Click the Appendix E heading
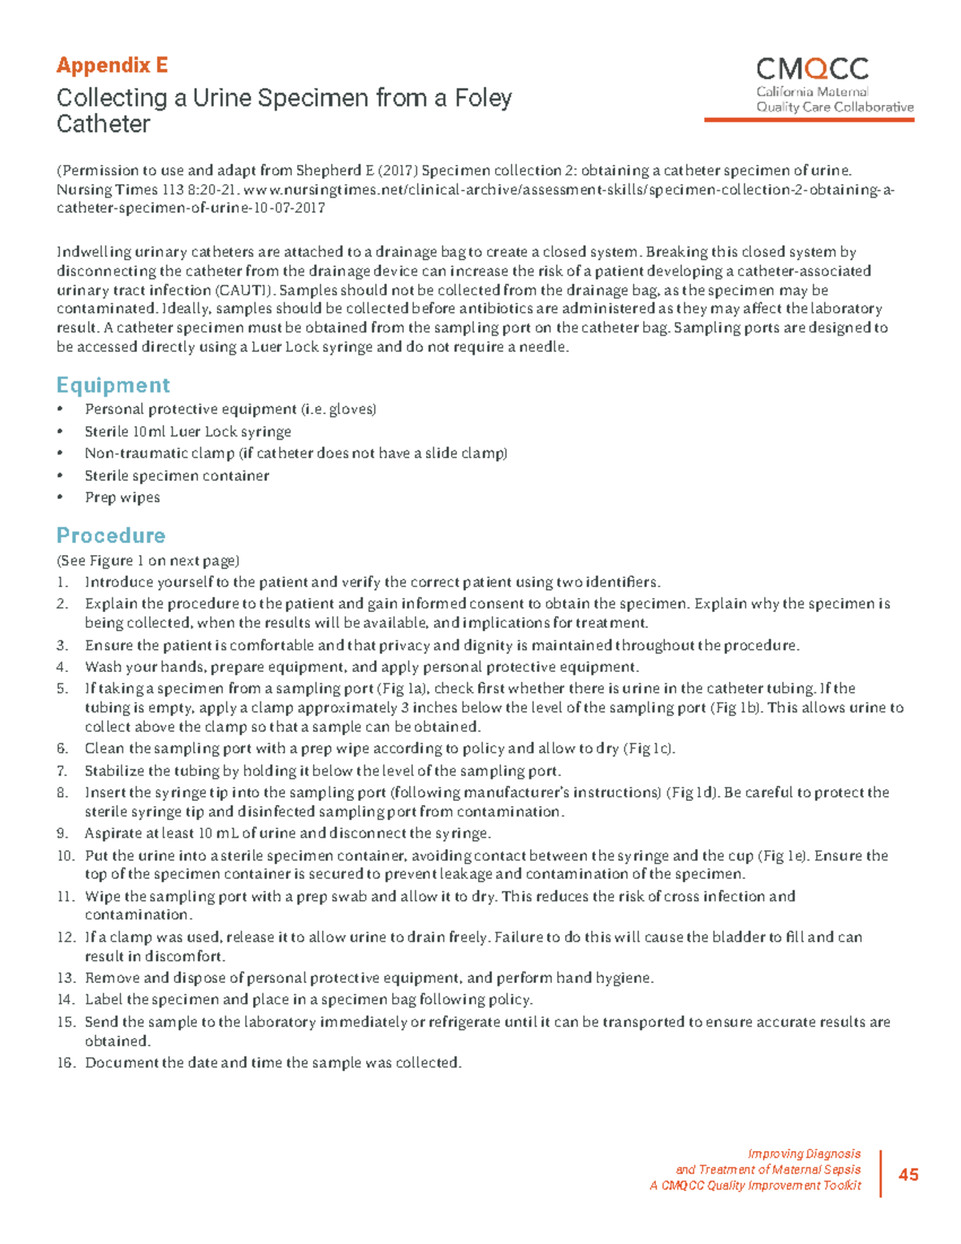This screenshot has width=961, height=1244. [x=111, y=65]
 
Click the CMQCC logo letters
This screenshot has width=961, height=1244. [x=812, y=69]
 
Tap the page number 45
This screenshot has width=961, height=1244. [x=908, y=1174]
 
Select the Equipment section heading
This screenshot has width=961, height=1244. [x=113, y=385]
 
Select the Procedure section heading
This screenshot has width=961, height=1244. [x=111, y=535]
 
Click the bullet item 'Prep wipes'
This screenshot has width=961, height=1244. [x=123, y=497]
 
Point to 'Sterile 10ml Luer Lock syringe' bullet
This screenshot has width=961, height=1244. [x=188, y=432]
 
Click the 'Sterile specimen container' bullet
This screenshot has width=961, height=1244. [x=177, y=476]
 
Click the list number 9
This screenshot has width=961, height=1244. [x=62, y=833]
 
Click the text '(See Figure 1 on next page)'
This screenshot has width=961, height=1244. [x=148, y=561]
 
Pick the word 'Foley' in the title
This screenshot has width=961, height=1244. [x=483, y=99]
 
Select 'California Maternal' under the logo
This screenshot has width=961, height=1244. [x=812, y=92]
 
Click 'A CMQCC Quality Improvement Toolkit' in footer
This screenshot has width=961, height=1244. [x=755, y=1186]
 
